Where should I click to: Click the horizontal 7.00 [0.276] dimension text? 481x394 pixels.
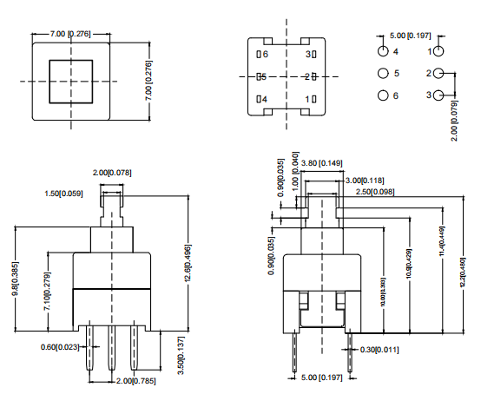tap(70, 33)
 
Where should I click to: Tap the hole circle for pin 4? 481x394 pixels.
tap(381, 53)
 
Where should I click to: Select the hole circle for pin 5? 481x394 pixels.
tap(381, 74)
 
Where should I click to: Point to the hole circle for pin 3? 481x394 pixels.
tap(438, 95)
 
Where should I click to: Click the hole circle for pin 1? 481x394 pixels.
tap(438, 53)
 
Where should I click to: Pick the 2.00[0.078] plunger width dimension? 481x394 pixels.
tap(112, 173)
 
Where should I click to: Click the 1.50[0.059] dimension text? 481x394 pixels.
tap(63, 194)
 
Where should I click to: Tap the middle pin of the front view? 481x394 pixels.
tap(111, 351)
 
